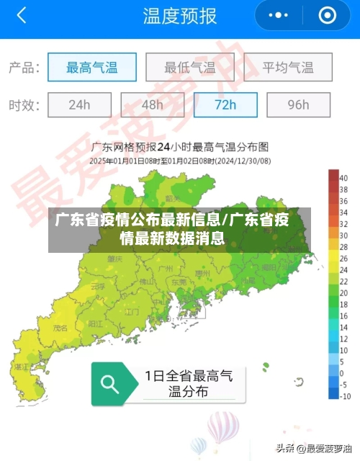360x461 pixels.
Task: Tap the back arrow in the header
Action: tap(21, 15)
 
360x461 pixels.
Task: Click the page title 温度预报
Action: tap(179, 16)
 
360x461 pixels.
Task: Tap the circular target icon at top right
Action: tap(327, 15)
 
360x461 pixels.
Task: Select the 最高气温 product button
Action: tap(91, 68)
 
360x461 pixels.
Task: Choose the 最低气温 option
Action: tap(189, 68)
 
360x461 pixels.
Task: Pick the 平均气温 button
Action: tap(287, 68)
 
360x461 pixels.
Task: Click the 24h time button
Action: tap(79, 104)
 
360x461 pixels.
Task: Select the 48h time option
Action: tap(152, 104)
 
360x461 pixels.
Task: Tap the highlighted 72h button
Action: tap(225, 104)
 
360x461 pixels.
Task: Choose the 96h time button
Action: tap(298, 104)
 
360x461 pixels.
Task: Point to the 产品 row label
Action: tap(24, 68)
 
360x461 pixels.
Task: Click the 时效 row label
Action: tap(24, 105)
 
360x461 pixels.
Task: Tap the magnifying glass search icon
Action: tap(109, 384)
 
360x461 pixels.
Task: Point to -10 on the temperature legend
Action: tap(345, 396)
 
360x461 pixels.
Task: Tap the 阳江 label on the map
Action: tap(94, 324)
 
